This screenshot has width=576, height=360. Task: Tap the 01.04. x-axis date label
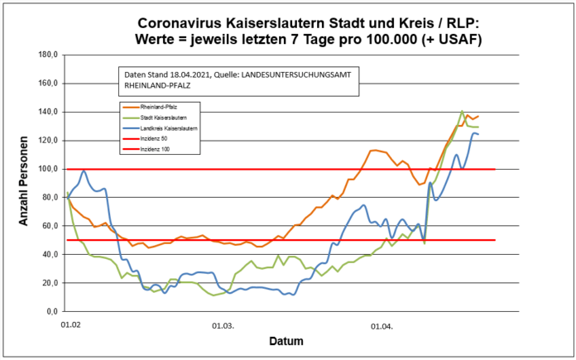pos(382,326)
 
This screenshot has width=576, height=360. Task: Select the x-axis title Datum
pos(285,341)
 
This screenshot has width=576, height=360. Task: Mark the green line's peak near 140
pos(462,111)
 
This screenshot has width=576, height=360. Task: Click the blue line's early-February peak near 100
pos(84,171)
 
